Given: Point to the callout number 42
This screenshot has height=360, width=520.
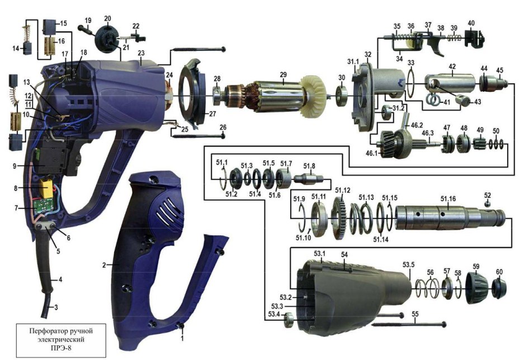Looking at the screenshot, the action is pos(452,66).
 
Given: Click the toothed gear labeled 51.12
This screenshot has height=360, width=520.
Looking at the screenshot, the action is pos(339,217).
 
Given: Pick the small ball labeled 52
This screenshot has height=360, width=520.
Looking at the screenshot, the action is pos(487,204).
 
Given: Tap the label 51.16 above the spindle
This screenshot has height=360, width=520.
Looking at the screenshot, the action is pos(448,199).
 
